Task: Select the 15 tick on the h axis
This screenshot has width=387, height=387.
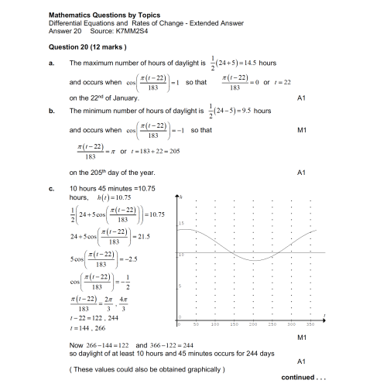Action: pyautogui.click(x=181, y=223)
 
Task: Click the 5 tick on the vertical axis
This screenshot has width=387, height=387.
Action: pyautogui.click(x=181, y=287)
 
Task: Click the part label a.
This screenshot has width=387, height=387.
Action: pyautogui.click(x=50, y=63)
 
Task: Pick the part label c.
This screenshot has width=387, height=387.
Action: pyautogui.click(x=50, y=189)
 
